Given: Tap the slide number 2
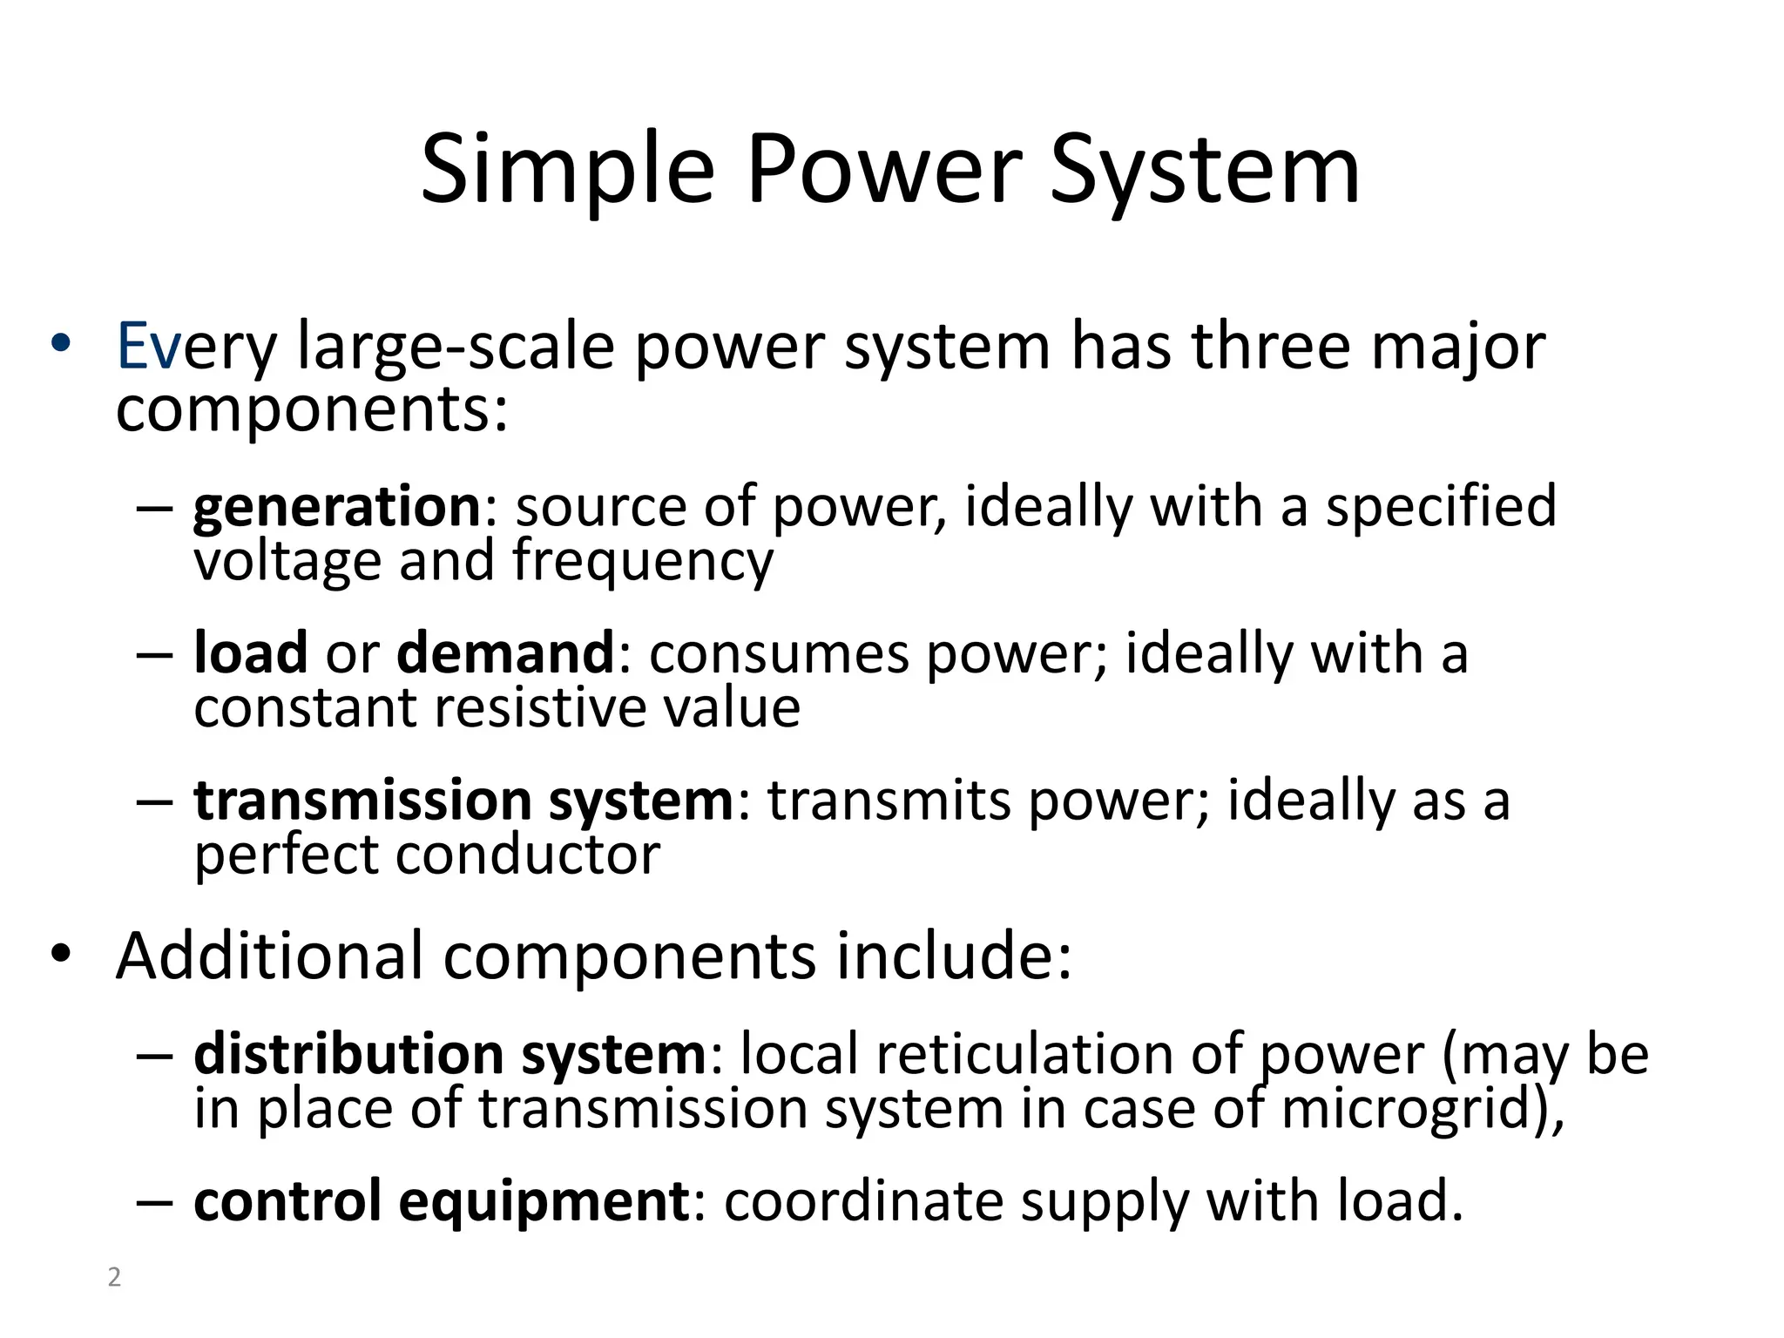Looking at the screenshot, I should coord(114,1277).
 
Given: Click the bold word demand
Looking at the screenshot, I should coord(505,652).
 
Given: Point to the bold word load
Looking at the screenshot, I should coord(251,652).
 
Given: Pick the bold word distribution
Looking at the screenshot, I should coord(348,1054).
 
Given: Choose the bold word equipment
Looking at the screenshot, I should coord(544,1200).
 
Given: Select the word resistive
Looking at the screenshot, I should coord(539,706).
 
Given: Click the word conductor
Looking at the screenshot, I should coord(528,854).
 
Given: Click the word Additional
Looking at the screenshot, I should coord(269,956).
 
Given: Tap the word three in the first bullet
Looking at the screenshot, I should coord(1271,347).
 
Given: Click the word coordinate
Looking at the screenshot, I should coord(863,1200).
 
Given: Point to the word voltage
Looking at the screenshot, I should coord(287,560).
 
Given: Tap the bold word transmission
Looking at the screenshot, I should coord(362,800).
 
